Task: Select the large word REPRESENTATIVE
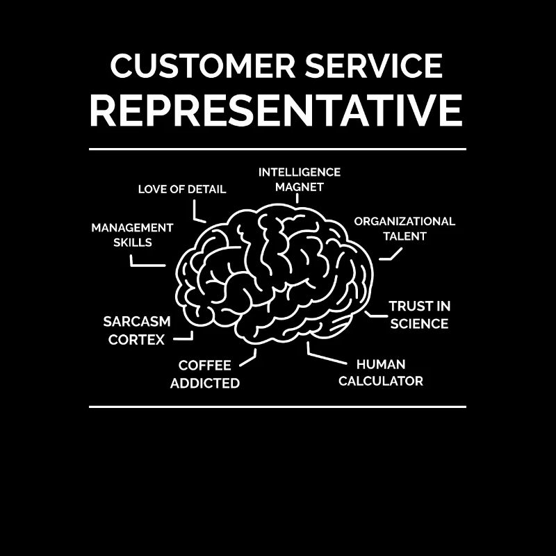(276, 110)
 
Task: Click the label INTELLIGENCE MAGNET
(300, 179)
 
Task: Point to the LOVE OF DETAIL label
(182, 189)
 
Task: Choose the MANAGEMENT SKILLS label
(132, 235)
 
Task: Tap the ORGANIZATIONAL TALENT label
(404, 229)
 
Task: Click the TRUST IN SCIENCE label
(419, 315)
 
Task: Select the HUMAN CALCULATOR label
(380, 373)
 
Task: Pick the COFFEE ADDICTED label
(205, 374)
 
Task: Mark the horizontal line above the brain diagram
(277, 149)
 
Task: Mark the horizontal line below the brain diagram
(277, 407)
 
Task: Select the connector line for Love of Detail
(198, 213)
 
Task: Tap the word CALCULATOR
(380, 381)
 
